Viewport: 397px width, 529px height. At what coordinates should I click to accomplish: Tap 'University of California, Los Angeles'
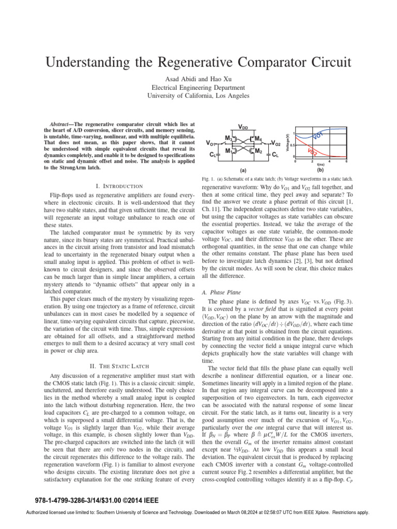click(x=198, y=96)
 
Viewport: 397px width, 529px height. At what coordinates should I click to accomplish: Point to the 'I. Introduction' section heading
click(x=119, y=185)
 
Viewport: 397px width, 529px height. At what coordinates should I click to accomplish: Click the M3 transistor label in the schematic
click(x=228, y=138)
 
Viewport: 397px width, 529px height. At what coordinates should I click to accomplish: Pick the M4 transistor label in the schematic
click(x=258, y=138)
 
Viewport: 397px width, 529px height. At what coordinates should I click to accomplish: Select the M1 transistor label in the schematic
click(x=228, y=151)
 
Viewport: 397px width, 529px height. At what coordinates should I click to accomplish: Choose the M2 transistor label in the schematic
click(x=258, y=151)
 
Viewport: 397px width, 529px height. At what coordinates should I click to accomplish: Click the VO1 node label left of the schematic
click(x=211, y=143)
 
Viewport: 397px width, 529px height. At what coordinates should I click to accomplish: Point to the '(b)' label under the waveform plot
click(x=320, y=169)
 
